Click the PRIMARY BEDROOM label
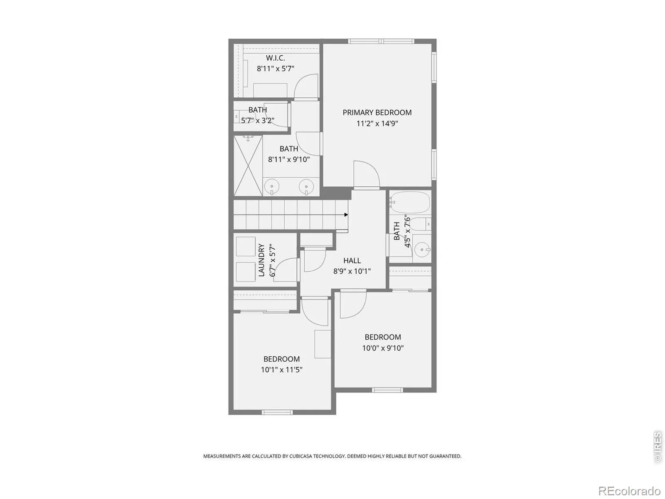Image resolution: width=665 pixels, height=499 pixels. [x=377, y=112]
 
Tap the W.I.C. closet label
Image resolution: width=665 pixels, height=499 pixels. [x=276, y=57]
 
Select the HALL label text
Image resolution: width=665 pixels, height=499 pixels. [x=352, y=260]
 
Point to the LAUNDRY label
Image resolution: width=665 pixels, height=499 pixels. [x=261, y=260]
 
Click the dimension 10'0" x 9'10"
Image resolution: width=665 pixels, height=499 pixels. [x=383, y=348]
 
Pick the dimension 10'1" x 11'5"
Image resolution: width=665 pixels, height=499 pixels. [x=282, y=370]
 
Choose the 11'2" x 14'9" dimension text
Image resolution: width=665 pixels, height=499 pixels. [x=377, y=124]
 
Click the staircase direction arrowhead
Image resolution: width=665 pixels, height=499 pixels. [x=346, y=215]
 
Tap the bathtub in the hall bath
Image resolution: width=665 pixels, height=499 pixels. [x=410, y=202]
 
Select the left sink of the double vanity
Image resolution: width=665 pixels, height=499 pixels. [x=272, y=187]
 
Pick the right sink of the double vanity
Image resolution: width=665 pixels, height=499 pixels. [x=306, y=187]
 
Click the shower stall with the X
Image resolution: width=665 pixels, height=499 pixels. [x=248, y=166]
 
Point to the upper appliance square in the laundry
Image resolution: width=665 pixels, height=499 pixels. [x=246, y=247]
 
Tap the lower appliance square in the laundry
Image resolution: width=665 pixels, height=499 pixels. [x=246, y=272]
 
